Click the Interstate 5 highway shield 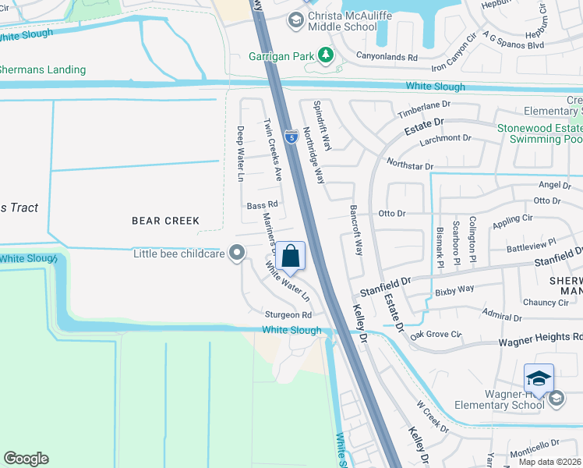290,137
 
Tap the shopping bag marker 290,256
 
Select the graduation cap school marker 539,379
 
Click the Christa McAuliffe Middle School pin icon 295,20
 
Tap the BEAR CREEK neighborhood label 165,221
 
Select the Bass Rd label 262,205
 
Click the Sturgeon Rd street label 287,315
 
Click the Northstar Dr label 410,165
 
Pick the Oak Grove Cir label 436,335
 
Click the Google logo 26,459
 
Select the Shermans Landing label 42,69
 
